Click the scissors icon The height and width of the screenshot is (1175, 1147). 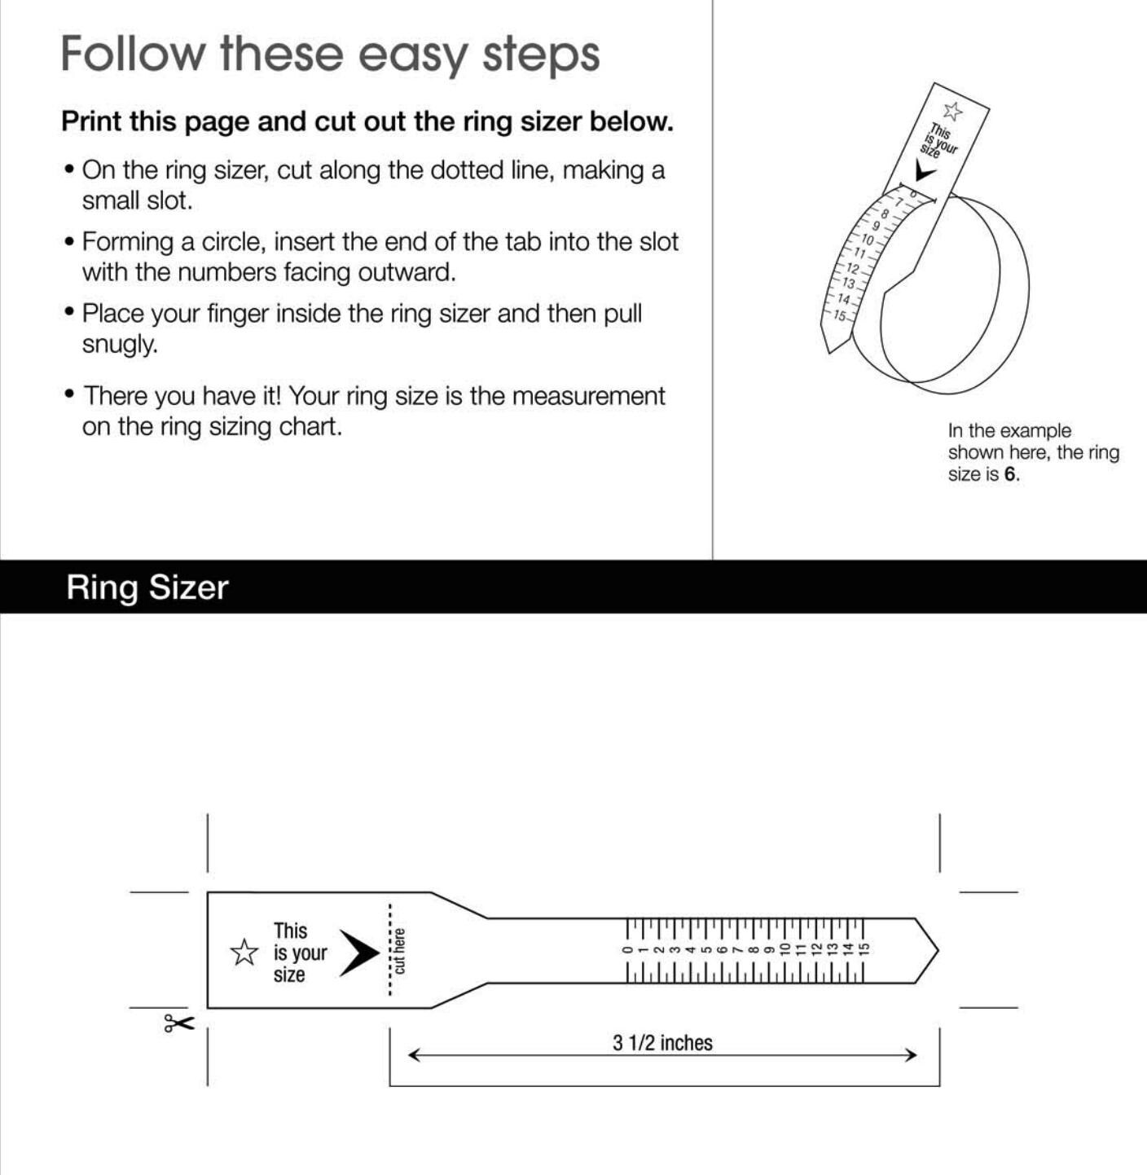(x=179, y=1023)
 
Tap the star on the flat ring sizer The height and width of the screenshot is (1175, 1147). (x=244, y=953)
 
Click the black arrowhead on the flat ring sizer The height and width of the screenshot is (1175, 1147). (x=359, y=953)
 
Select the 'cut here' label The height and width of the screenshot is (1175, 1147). (x=399, y=951)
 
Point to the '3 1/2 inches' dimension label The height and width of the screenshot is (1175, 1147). (x=662, y=1043)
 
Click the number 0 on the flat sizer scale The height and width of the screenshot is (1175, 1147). (x=628, y=950)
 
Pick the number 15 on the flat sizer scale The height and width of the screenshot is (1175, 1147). (x=864, y=950)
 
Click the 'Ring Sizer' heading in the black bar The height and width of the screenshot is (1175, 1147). (x=147, y=587)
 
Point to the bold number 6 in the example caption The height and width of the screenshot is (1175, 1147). (x=1009, y=474)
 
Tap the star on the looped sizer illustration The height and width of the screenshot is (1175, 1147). (x=953, y=111)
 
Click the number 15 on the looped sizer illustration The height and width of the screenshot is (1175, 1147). (x=841, y=315)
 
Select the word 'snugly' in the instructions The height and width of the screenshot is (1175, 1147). (x=118, y=345)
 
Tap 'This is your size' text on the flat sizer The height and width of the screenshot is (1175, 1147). (x=300, y=953)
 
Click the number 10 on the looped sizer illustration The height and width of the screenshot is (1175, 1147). (x=867, y=240)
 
